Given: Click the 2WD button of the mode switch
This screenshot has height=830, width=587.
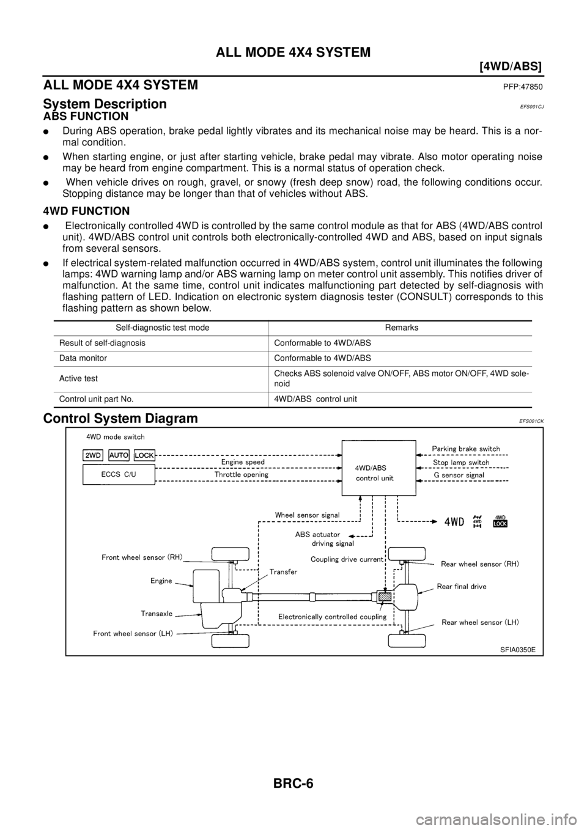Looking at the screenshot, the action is [93, 455].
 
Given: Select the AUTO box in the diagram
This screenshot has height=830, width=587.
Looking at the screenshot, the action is [119, 455].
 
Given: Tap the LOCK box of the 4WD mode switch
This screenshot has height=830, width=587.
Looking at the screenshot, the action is [144, 455].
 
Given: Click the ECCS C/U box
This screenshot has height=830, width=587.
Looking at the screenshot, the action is [119, 475].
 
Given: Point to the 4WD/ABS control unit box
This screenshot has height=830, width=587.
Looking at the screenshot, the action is [378, 468].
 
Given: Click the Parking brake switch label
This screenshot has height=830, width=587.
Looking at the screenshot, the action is [466, 449].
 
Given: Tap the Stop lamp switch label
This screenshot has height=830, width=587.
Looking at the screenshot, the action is [461, 462].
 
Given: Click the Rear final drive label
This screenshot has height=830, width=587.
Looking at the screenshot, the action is [462, 587].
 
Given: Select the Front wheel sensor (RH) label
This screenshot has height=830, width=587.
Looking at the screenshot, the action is [142, 558].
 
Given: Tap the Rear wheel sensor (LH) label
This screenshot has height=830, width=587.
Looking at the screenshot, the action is [480, 622].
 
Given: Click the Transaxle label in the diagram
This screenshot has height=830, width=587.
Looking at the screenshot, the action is [157, 613].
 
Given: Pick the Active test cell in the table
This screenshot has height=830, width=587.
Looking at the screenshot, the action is [78, 378].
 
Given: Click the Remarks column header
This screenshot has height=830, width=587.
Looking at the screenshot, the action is [402, 328].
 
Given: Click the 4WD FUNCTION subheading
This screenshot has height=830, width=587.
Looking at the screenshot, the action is [86, 211].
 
